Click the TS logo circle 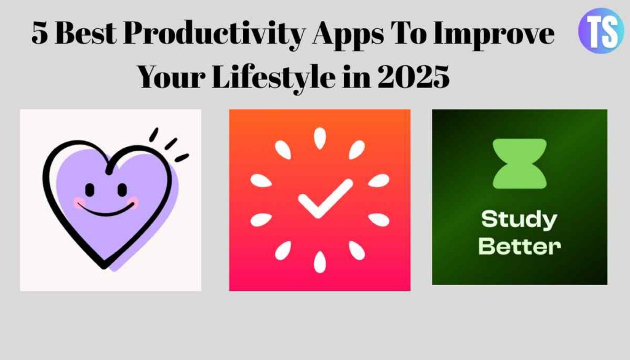point(600,31)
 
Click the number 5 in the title point(40,35)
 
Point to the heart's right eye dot point(121,188)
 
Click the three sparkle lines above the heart point(168,144)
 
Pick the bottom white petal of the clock point(319,262)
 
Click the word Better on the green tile point(519,247)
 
